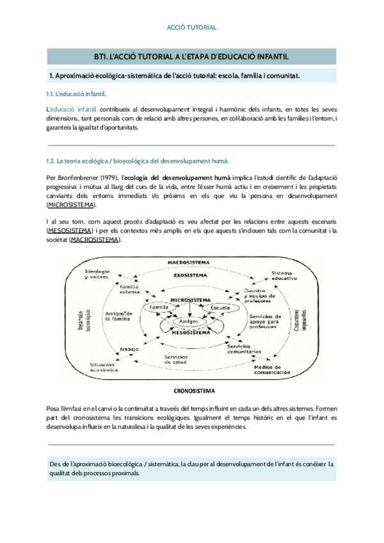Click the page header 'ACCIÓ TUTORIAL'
coord(191,28)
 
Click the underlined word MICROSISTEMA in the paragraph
coord(72,204)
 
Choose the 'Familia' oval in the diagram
coord(159,308)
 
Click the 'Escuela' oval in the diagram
coord(221,308)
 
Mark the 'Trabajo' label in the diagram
coord(129,348)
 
